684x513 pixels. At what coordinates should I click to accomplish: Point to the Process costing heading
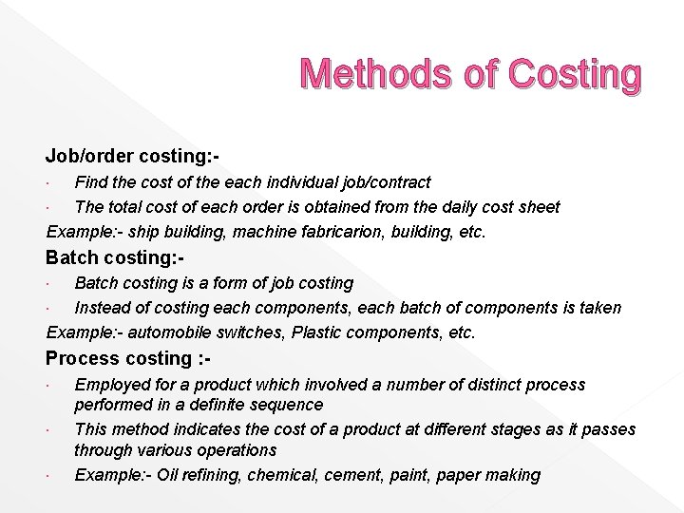point(128,358)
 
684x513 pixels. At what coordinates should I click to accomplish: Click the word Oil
point(167,475)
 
